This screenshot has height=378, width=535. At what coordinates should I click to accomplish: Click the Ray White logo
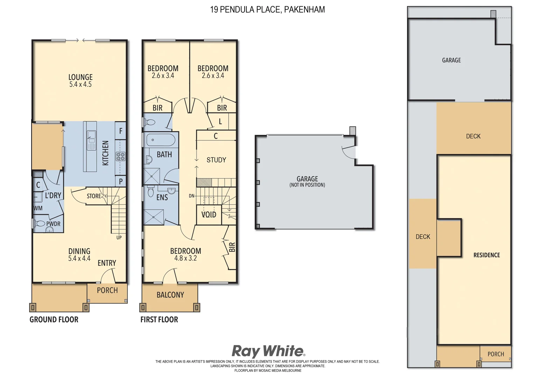[x=268, y=351]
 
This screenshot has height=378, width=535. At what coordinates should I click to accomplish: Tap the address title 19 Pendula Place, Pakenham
[x=267, y=9]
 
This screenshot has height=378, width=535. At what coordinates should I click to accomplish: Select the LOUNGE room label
[x=80, y=77]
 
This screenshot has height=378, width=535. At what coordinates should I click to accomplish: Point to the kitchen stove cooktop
[x=121, y=156]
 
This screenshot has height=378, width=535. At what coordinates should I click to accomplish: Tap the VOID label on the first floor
[x=209, y=215]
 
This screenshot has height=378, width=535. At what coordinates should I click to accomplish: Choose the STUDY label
[x=216, y=160]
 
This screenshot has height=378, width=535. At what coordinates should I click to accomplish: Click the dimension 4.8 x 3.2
[x=185, y=258]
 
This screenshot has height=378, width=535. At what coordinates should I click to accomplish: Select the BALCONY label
[x=170, y=295]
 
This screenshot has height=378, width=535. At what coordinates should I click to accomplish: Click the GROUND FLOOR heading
[x=54, y=320]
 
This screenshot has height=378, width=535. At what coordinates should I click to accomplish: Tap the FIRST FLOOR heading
[x=159, y=320]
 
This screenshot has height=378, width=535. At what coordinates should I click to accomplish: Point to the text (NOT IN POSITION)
[x=307, y=185]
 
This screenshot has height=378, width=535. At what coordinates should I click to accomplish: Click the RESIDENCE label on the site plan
[x=487, y=255]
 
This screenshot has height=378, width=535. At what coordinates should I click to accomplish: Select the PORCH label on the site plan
[x=496, y=354]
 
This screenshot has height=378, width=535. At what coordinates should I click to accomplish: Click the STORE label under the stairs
[x=94, y=196]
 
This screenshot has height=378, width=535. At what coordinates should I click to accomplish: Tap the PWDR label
[x=53, y=224]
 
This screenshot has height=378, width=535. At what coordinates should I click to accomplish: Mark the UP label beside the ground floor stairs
[x=119, y=238]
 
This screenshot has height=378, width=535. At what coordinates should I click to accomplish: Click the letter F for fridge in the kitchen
[x=121, y=131]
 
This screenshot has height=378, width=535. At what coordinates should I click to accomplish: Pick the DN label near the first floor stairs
[x=191, y=196]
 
